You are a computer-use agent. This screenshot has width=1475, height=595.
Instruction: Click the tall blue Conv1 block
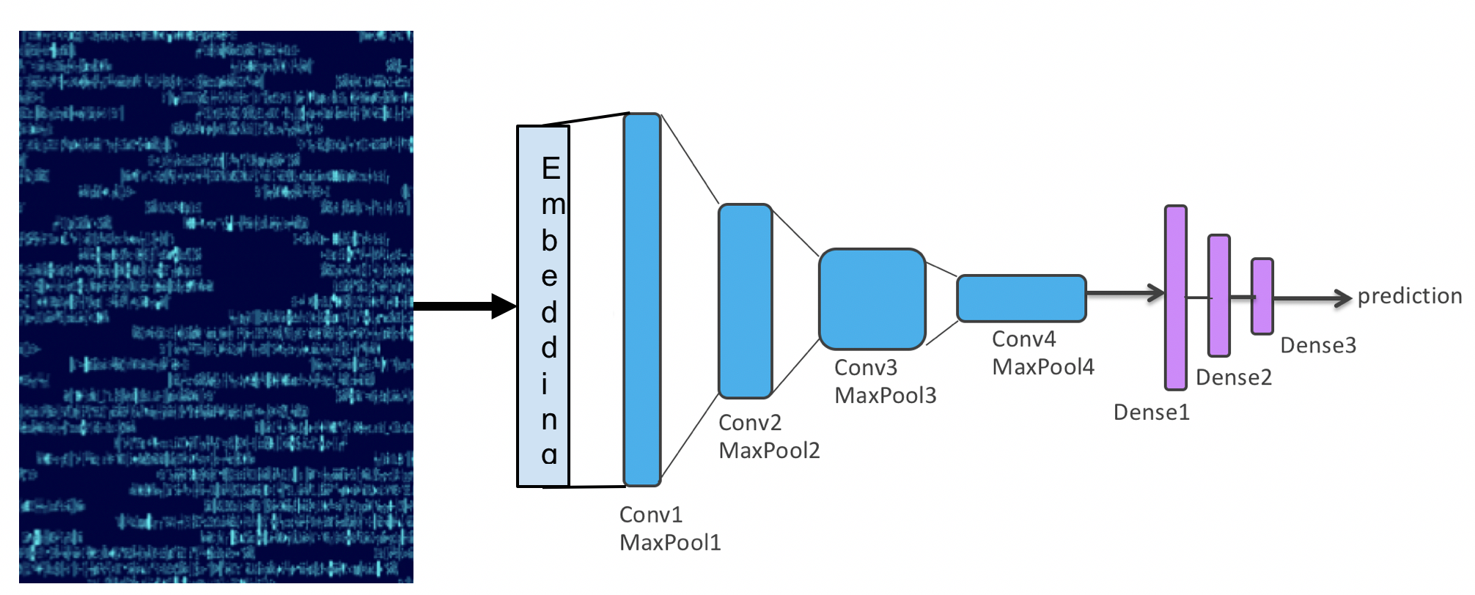coord(641,299)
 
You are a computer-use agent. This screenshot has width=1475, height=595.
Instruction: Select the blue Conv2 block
coord(745,301)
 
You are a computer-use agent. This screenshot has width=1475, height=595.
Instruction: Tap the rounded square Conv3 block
coord(872,299)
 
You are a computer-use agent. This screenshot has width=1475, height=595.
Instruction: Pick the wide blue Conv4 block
coord(1021,298)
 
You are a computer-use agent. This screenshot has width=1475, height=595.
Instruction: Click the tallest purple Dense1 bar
coord(1176,297)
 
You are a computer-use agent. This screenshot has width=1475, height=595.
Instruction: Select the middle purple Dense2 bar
coord(1219,295)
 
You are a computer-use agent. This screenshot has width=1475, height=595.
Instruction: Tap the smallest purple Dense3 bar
coord(1262,296)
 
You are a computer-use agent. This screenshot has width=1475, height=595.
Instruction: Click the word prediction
coord(1409,296)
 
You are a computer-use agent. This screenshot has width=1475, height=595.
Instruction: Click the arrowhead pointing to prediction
coord(1343,297)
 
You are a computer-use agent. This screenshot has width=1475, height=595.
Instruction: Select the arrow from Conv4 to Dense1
coord(1125,293)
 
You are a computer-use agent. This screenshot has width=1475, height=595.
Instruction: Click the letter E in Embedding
coord(551,169)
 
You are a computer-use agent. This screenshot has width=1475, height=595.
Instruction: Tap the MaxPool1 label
coord(670,543)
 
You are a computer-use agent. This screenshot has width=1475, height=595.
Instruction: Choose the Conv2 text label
coord(750,423)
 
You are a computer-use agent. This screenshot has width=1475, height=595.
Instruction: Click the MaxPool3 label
coord(886,396)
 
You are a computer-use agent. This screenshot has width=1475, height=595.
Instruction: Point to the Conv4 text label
coord(1023,339)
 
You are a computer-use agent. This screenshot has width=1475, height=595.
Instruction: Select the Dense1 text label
coord(1151,413)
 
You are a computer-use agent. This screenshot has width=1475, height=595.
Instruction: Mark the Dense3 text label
coord(1318,345)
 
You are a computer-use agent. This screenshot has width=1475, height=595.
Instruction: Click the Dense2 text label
coord(1234,377)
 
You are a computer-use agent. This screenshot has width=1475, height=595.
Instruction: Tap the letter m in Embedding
coord(553,205)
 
